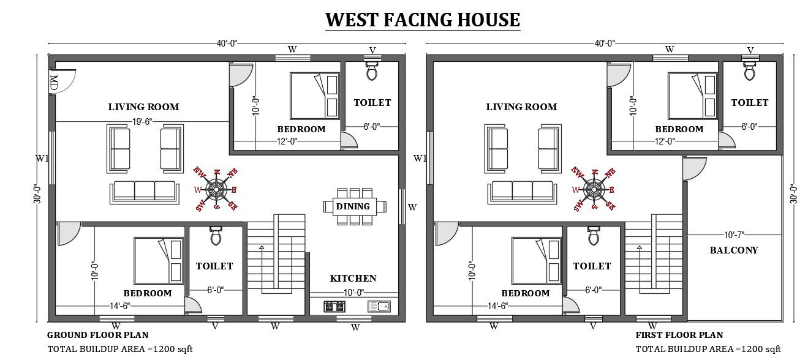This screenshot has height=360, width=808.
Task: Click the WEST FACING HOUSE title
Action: pyautogui.click(x=423, y=20)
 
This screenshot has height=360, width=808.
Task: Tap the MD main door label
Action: pyautogui.click(x=54, y=83)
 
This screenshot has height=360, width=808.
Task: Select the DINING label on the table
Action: pyautogui.click(x=353, y=206)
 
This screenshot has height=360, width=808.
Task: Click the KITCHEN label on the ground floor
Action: pyautogui.click(x=353, y=278)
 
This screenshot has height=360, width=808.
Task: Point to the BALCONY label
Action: pyautogui.click(x=734, y=250)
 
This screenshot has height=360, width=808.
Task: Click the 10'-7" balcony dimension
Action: pyautogui.click(x=734, y=235)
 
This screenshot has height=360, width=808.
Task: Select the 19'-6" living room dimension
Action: pyautogui.click(x=142, y=122)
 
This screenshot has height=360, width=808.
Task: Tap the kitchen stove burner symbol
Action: pyautogui.click(x=334, y=307)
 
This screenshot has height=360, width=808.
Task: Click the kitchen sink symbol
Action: pyautogui.click(x=379, y=307)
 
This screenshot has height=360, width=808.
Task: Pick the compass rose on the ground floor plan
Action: pyautogui.click(x=216, y=189)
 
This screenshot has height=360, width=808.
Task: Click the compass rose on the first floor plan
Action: pyautogui.click(x=594, y=189)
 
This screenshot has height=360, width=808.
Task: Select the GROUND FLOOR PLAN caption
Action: pyautogui.click(x=98, y=335)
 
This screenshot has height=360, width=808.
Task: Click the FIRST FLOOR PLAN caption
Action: pyautogui.click(x=679, y=335)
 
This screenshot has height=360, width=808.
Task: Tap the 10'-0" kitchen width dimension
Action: pyautogui.click(x=353, y=292)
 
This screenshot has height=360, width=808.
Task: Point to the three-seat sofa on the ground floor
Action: pyautogui.click(x=145, y=192)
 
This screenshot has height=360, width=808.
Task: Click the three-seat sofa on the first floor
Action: pyautogui.click(x=523, y=192)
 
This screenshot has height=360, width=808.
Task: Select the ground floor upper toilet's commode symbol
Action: pyautogui.click(x=372, y=70)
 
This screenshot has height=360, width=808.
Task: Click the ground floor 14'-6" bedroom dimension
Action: pyautogui.click(x=119, y=306)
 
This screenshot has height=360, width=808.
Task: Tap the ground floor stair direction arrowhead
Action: pyautogui.click(x=262, y=247)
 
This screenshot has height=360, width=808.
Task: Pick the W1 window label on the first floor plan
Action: pyautogui.click(x=420, y=158)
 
